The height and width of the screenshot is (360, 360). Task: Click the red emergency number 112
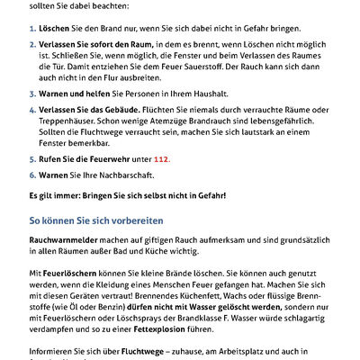point(162,158)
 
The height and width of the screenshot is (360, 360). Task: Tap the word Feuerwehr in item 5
point(112,158)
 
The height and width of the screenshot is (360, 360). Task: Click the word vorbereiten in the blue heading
point(158,219)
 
